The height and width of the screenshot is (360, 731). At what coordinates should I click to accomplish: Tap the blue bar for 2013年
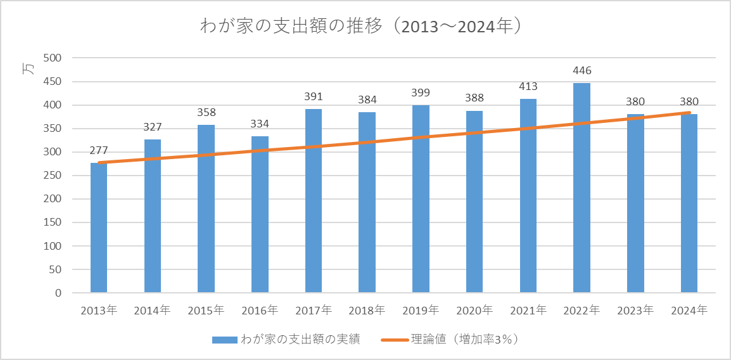tap(99, 228)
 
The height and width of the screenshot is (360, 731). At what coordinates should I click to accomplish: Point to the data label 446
tap(582, 70)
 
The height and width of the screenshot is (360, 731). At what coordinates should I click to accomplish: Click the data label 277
tap(99, 150)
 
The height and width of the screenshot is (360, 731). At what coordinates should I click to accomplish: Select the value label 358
tap(206, 113)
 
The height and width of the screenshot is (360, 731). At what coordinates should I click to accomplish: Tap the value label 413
tap(528, 86)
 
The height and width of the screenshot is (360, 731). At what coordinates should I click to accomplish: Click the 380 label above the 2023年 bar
tap(635, 102)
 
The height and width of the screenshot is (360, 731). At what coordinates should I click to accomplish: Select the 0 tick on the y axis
tap(57, 293)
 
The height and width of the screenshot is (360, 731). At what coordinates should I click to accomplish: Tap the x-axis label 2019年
tap(421, 311)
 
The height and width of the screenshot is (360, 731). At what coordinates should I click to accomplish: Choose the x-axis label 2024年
tap(689, 311)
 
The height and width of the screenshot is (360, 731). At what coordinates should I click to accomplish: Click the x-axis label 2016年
tap(260, 311)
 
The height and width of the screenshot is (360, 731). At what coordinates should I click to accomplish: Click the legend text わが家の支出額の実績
tap(301, 339)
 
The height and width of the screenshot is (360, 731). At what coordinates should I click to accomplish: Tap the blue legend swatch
tap(224, 340)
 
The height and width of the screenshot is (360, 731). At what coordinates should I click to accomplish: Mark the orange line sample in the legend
tap(396, 340)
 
